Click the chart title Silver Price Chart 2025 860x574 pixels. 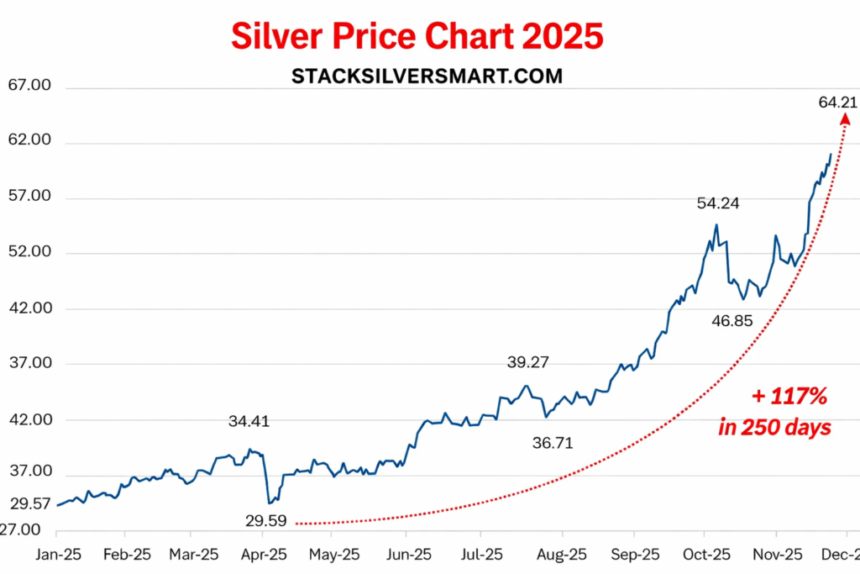click(417, 37)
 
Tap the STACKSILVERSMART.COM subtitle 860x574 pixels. click(427, 76)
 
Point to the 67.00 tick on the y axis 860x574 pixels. click(29, 86)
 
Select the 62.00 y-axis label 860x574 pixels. click(29, 141)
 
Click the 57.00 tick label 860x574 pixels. click(29, 197)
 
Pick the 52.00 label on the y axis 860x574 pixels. click(29, 252)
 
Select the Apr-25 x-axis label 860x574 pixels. click(264, 556)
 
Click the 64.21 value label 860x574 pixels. click(837, 103)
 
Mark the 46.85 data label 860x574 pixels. click(732, 320)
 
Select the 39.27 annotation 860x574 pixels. click(527, 363)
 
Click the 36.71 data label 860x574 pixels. click(553, 443)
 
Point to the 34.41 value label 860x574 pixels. click(249, 421)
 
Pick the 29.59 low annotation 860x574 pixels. click(266, 520)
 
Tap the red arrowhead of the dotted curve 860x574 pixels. click(845, 119)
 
